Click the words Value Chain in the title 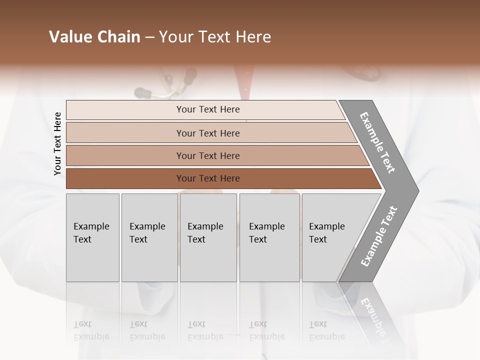coord(94,37)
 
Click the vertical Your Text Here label coord(57,143)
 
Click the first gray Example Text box coord(92,237)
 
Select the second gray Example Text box coord(149,237)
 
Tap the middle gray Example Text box coord(208,237)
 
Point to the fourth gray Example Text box coord(269,237)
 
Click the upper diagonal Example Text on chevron coord(377,142)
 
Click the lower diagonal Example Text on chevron coord(379,236)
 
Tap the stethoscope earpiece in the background coord(142,92)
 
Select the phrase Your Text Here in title coord(215,37)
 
